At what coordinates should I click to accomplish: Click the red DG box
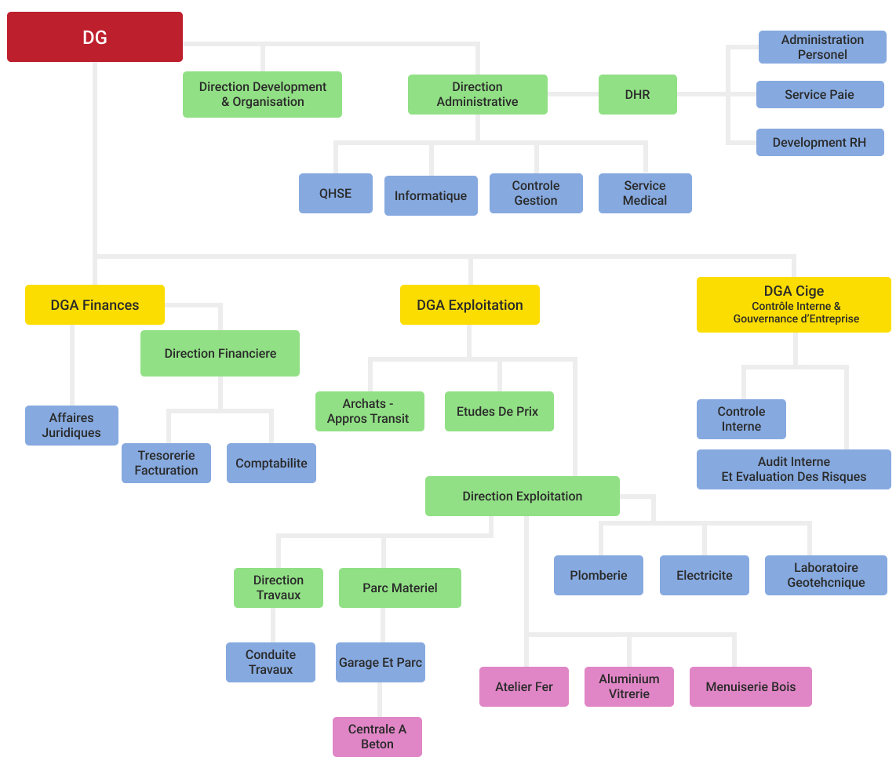tap(95, 37)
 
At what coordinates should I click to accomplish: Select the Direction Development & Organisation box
tap(262, 94)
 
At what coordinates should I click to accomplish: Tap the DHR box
tap(637, 94)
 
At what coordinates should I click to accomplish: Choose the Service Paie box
tap(819, 94)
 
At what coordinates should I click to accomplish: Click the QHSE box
tap(335, 193)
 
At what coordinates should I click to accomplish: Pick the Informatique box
tap(430, 195)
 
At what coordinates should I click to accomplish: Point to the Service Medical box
tap(644, 193)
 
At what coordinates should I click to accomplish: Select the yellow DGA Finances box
tap(95, 305)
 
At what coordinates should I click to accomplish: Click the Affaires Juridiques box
tap(71, 425)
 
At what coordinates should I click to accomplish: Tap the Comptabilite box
tap(271, 463)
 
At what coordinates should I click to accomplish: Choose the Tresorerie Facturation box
tap(166, 463)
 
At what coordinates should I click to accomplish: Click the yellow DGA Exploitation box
tap(469, 305)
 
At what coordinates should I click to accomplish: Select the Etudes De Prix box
tap(498, 411)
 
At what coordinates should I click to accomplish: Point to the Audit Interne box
tap(793, 469)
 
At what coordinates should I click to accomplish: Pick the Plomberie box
tap(598, 575)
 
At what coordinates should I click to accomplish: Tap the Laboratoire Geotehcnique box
tap(825, 575)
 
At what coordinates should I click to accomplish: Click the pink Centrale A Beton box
tap(377, 737)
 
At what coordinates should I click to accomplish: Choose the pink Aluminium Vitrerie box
tap(628, 686)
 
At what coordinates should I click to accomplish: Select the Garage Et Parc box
tap(380, 662)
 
